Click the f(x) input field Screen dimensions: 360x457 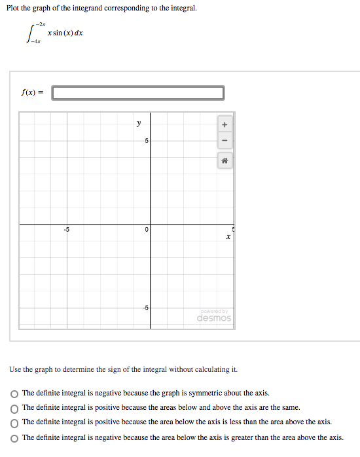coord(138,93)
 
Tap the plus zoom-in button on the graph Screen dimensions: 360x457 coord(224,124)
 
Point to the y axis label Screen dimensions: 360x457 coord(138,122)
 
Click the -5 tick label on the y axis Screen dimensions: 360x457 coord(145,308)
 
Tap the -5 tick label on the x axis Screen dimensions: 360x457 coord(65,229)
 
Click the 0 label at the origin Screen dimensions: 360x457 coord(147,230)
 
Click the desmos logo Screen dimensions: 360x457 coord(214,318)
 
